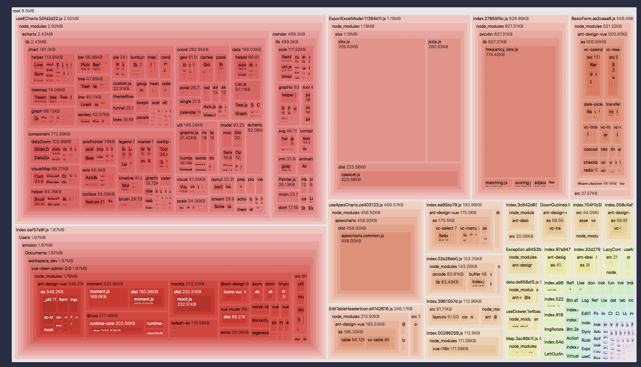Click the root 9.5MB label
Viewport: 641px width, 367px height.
click(x=23, y=11)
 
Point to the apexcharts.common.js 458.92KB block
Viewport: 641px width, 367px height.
click(x=375, y=262)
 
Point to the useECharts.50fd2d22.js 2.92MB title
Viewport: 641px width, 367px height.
click(x=47, y=19)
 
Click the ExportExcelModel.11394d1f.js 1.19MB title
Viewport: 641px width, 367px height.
click(x=365, y=19)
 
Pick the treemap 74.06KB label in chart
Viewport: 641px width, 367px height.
click(x=48, y=90)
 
